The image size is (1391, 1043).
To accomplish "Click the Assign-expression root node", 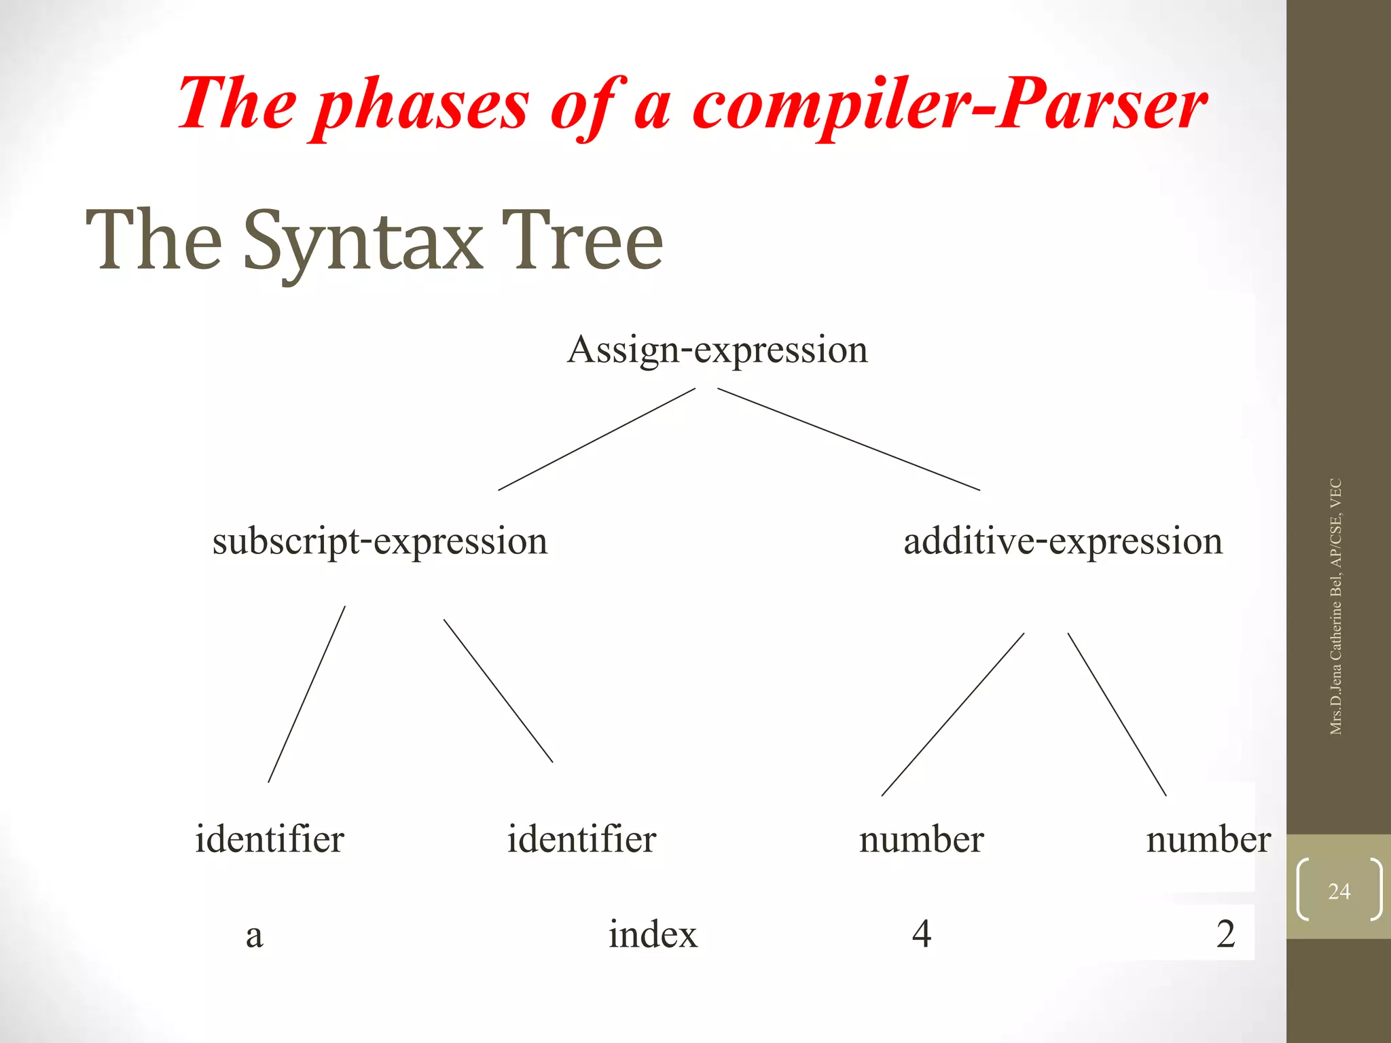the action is click(717, 350).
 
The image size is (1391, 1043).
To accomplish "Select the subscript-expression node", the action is click(380, 542).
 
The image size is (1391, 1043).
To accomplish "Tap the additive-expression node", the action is click(1063, 542).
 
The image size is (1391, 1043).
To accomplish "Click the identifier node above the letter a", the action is click(270, 839).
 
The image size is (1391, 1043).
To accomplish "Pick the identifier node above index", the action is click(581, 839).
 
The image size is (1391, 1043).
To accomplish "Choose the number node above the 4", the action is click(921, 841).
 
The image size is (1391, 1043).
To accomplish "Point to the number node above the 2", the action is click(1208, 841).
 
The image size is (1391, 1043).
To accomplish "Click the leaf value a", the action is click(254, 936).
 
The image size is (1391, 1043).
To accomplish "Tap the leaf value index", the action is click(652, 934).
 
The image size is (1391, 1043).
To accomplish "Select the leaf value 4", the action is click(922, 934).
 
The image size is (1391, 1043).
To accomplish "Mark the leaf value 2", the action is click(1225, 934).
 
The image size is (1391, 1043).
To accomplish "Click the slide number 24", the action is click(1339, 891).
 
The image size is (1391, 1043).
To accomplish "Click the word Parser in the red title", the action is click(1102, 104).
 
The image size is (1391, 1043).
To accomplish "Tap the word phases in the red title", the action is click(422, 105).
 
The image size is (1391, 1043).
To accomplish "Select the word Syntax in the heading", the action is click(362, 242).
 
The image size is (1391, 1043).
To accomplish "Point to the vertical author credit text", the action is click(1335, 606).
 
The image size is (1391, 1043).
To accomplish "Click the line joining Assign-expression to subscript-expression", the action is click(596, 439).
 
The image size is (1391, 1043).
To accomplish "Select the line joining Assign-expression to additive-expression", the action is click(849, 439).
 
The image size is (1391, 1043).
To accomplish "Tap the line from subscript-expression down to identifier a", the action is click(306, 695).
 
